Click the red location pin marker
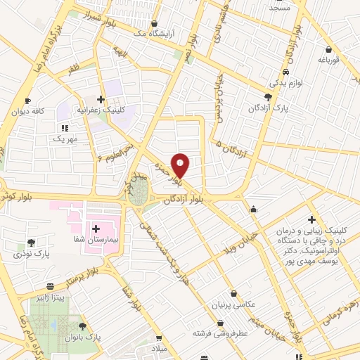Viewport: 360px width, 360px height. click(181, 165)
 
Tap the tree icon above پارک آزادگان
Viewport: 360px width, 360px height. click(268, 97)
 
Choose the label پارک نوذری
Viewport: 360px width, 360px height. click(30, 254)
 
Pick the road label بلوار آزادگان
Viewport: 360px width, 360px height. click(188, 200)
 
